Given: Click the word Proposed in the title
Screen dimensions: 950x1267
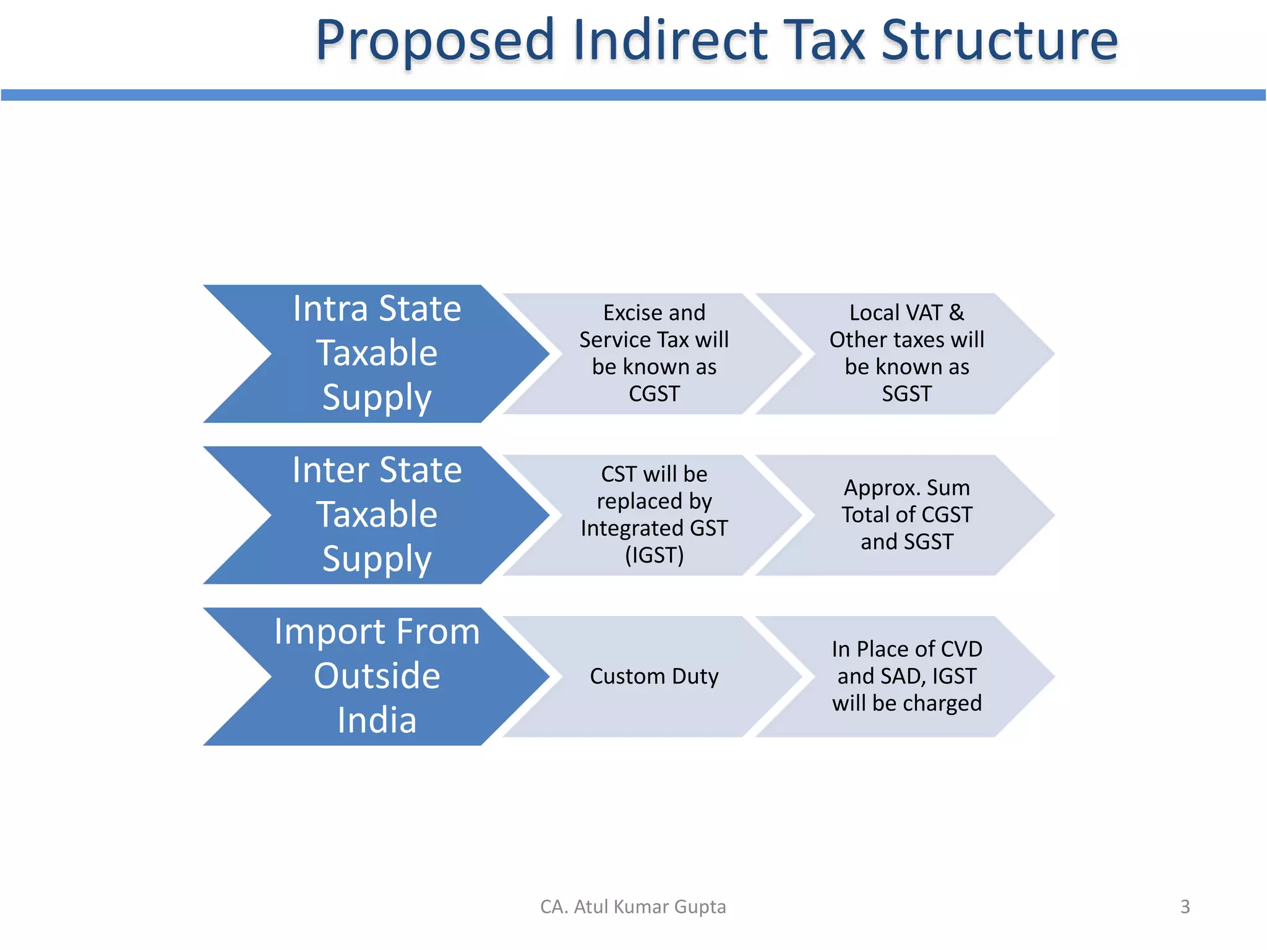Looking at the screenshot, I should click(435, 41).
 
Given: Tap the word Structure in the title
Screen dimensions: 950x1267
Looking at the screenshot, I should click(999, 41).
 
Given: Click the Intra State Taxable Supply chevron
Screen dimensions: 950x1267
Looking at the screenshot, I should click(376, 354).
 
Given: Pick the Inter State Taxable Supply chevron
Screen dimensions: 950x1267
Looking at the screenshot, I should click(376, 515).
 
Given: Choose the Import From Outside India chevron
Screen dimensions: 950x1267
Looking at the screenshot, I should click(376, 676).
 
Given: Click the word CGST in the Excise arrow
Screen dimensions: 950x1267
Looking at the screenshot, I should click(654, 394).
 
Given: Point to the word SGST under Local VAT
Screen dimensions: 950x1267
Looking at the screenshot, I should click(906, 394).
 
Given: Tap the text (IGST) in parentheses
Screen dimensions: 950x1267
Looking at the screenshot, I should click(654, 555).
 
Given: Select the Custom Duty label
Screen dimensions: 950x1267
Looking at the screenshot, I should click(654, 676).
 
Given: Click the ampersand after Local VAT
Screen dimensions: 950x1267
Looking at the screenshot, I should click(956, 313).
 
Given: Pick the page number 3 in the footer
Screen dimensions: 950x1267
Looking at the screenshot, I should click(1185, 907).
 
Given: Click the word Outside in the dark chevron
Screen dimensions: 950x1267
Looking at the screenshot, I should click(377, 676).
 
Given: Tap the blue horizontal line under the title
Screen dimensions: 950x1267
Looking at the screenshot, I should click(633, 95).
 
